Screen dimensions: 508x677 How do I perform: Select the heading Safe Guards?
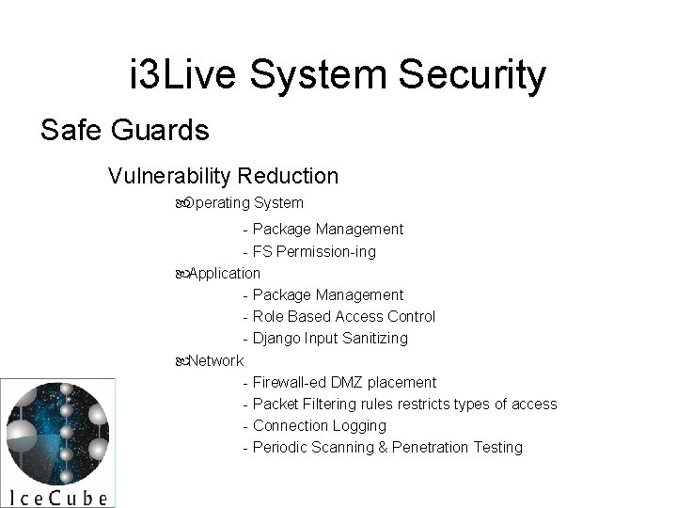pyautogui.click(x=125, y=130)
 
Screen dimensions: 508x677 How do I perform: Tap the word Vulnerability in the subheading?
pyautogui.click(x=170, y=176)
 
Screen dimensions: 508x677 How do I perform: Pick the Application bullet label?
pyautogui.click(x=223, y=273)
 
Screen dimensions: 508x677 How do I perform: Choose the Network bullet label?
pyautogui.click(x=214, y=360)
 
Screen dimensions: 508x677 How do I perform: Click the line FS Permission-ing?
pyautogui.click(x=314, y=251)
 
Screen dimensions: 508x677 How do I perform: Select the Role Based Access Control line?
pyautogui.click(x=344, y=316)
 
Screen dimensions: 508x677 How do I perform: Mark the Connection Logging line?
pyautogui.click(x=320, y=425)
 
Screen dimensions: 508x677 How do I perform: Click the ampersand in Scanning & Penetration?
pyautogui.click(x=383, y=447)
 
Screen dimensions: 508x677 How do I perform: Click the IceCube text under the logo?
pyautogui.click(x=57, y=496)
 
